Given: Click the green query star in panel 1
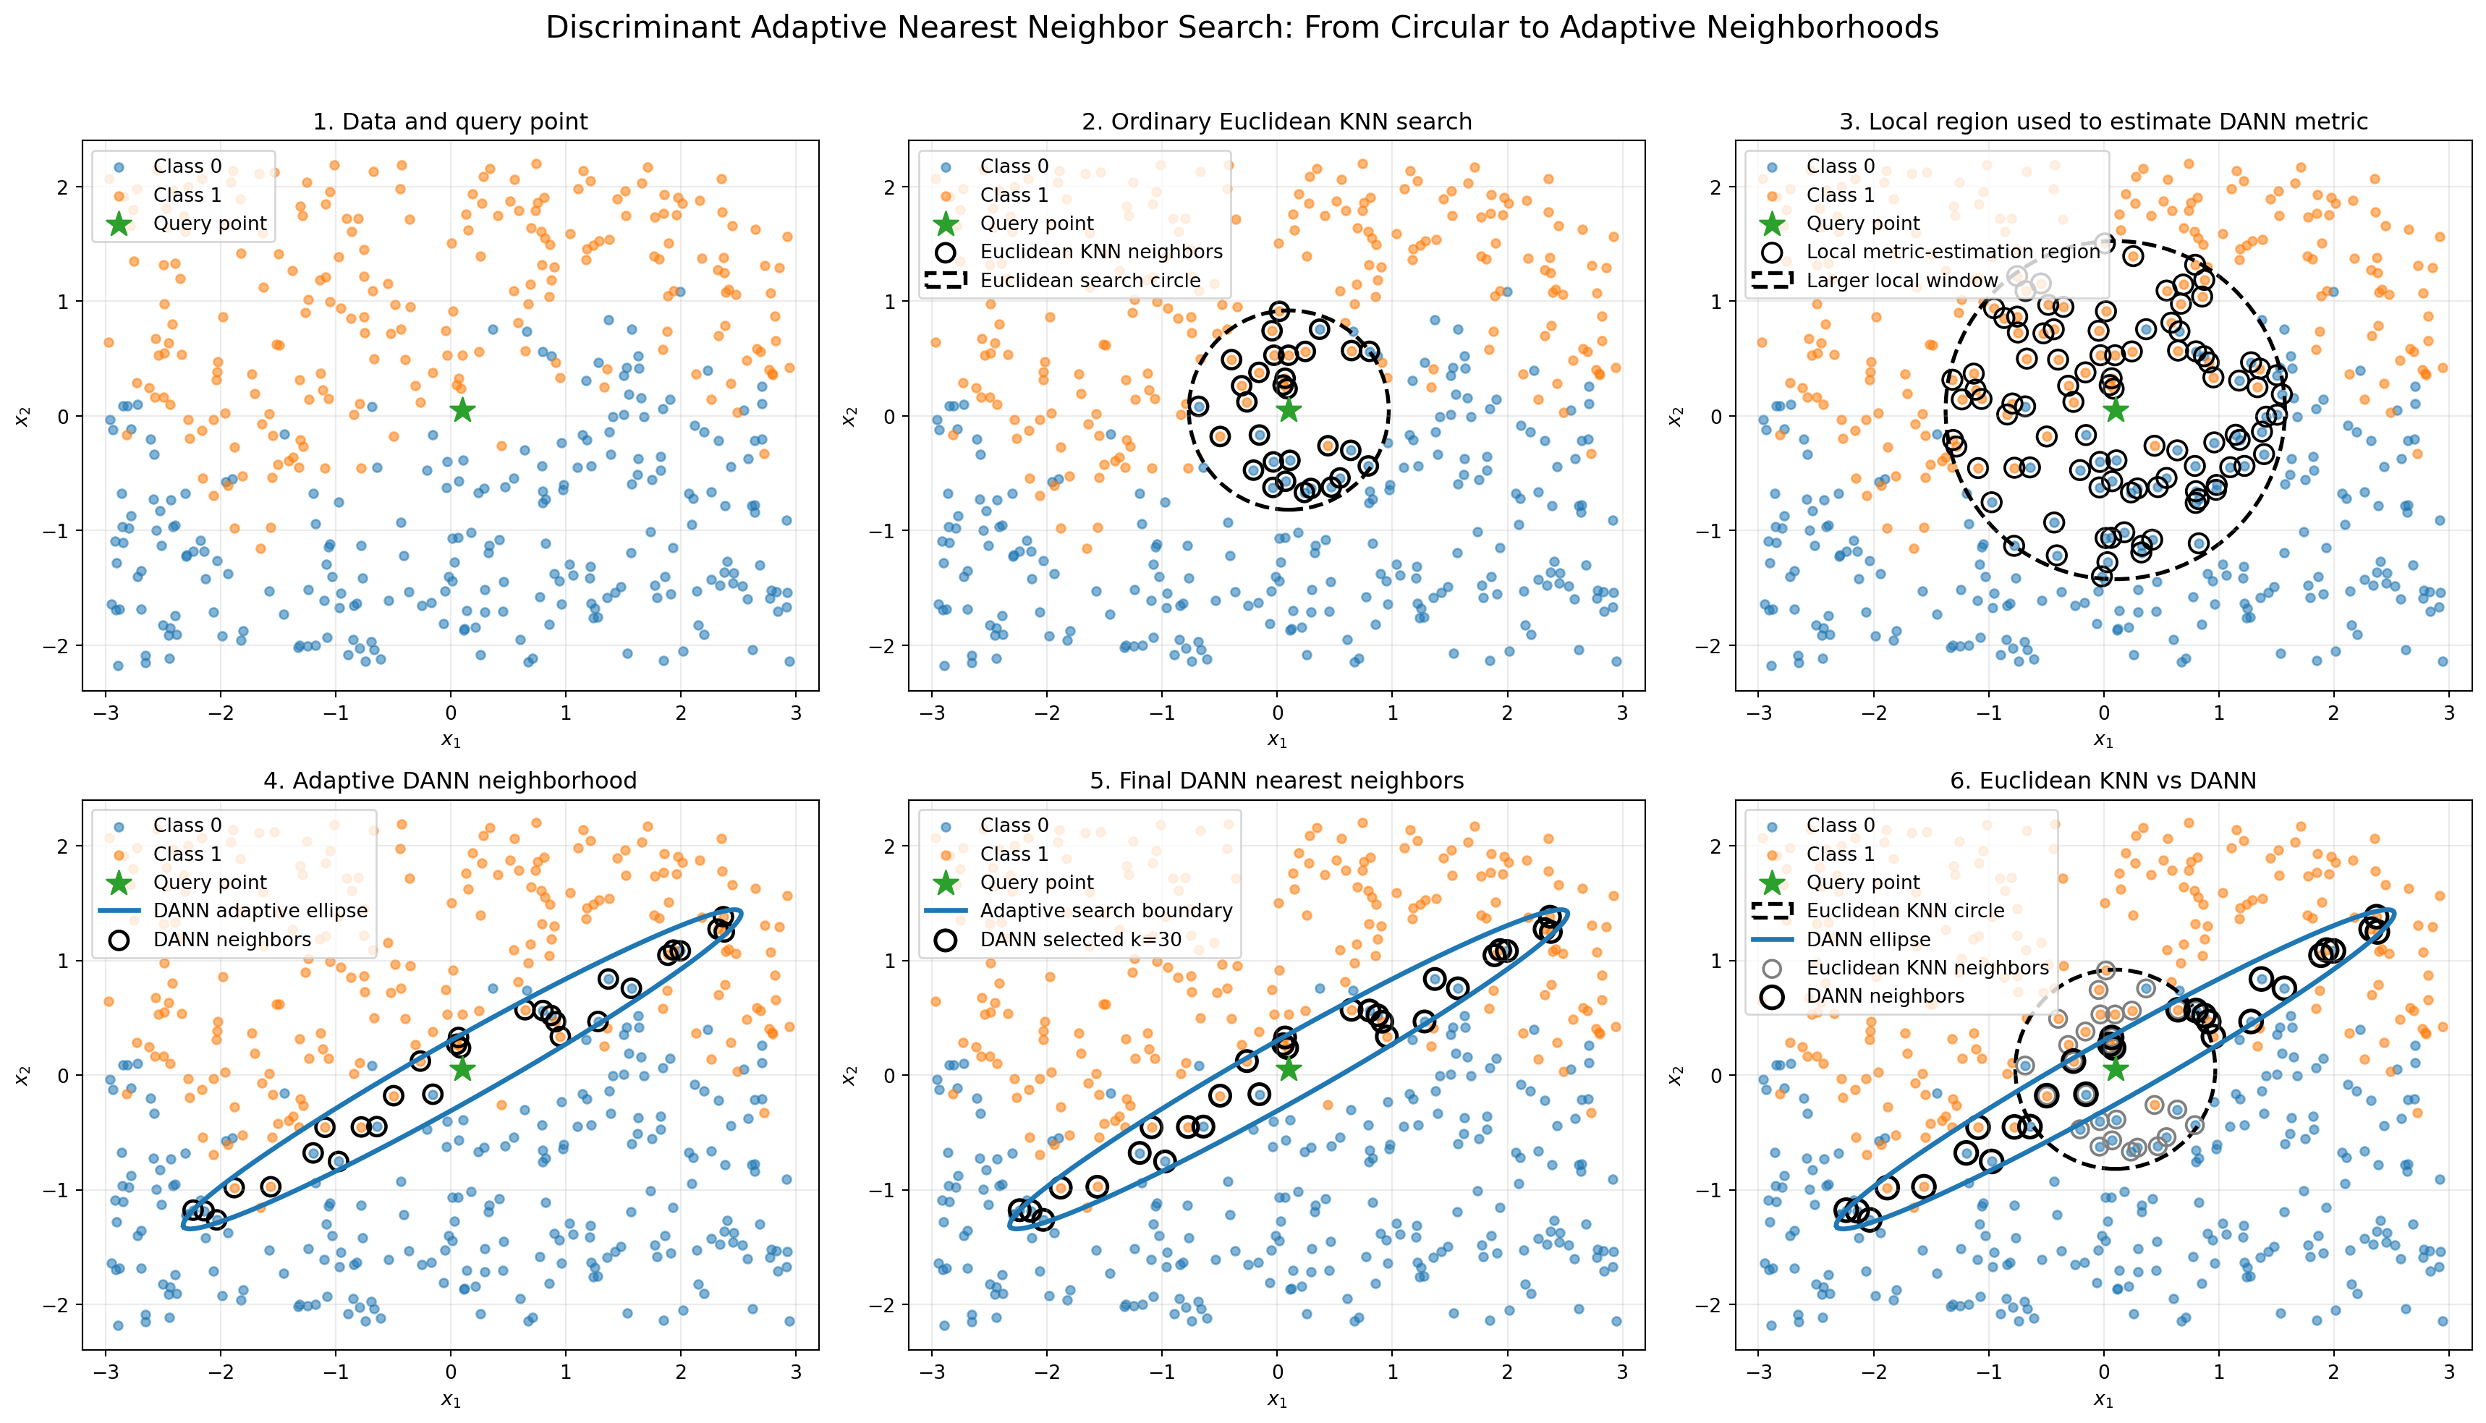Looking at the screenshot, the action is pos(462,410).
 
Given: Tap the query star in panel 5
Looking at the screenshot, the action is pos(1289,1069).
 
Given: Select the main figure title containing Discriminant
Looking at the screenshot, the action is pos(1242,27).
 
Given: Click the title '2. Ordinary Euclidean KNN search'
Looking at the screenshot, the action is pos(1276,122).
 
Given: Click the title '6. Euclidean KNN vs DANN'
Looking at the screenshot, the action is pos(2103,780).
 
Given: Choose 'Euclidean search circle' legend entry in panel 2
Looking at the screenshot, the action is pos(1062,281).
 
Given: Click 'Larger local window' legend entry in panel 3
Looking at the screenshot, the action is pos(1872,281).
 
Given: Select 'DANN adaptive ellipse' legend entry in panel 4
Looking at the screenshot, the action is pos(234,911).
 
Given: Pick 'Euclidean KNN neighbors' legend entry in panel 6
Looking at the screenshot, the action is pos(1903,967).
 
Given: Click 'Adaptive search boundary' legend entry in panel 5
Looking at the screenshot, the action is pos(1079,911).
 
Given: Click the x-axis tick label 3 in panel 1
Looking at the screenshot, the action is pos(797,713).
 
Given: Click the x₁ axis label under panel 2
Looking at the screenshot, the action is pos(1276,741).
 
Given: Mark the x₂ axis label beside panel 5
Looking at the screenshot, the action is pos(849,1075).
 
